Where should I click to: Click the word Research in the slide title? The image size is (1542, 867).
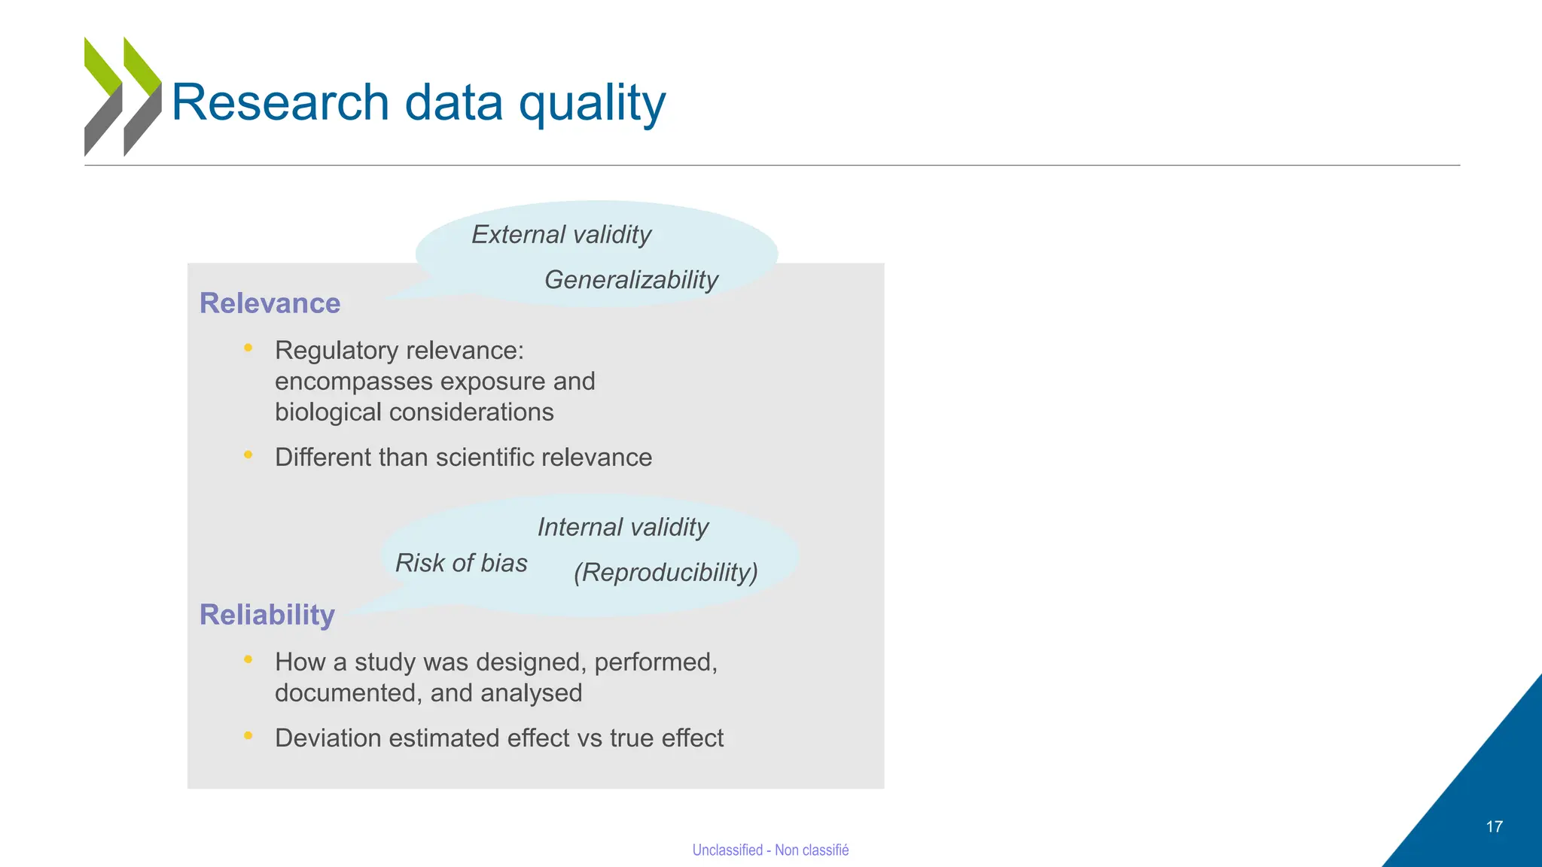[x=280, y=102]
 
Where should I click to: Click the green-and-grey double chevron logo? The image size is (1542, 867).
[x=123, y=96]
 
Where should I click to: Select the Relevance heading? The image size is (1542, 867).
[x=270, y=303]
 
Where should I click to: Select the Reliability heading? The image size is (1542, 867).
[x=267, y=615]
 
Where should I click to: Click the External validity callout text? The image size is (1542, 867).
[x=561, y=235]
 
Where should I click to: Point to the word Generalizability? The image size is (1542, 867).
[x=631, y=280]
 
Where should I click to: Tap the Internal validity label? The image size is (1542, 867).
[x=623, y=528]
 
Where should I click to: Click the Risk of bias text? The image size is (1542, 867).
[x=461, y=563]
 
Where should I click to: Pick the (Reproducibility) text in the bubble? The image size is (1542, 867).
[x=666, y=573]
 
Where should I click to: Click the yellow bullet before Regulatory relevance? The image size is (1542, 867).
[x=248, y=348]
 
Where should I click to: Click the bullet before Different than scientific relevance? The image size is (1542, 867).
[x=248, y=455]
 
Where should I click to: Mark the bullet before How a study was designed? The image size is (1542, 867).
[x=248, y=659]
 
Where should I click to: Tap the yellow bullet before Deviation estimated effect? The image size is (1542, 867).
[x=248, y=735]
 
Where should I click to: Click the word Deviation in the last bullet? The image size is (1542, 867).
[x=328, y=738]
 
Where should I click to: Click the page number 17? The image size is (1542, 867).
[x=1494, y=827]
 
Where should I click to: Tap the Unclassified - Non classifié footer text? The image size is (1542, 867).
[x=770, y=850]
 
